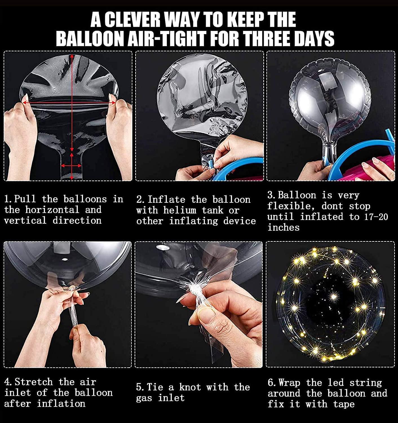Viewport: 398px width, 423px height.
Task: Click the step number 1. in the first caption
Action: (x=8, y=199)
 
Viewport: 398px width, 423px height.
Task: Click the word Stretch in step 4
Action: (x=34, y=382)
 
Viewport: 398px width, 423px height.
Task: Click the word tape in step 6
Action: (x=344, y=404)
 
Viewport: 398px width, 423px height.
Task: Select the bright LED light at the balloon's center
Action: (x=334, y=296)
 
